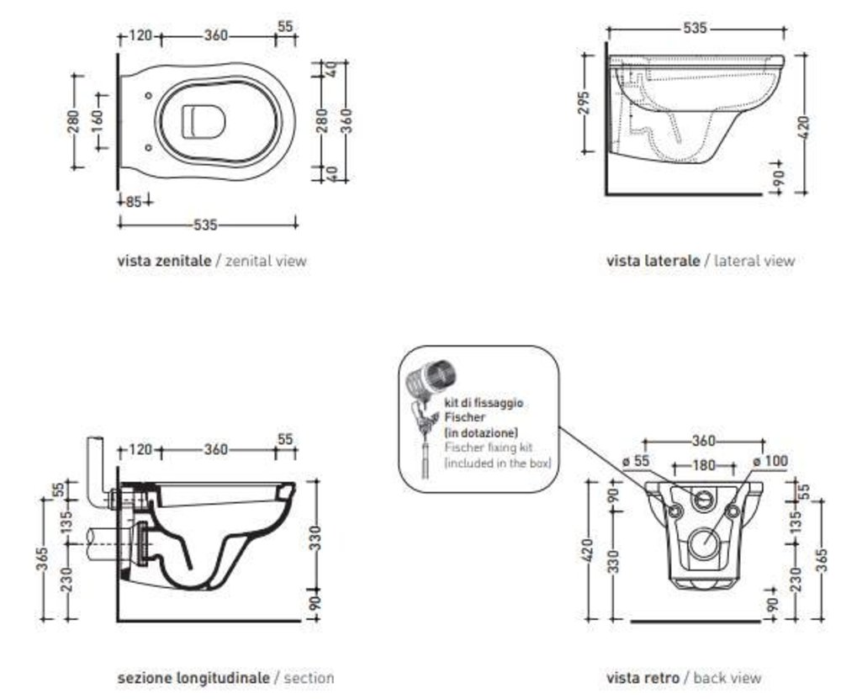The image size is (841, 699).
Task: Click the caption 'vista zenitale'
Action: click(x=164, y=261)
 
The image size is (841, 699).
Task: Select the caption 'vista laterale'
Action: click(x=653, y=261)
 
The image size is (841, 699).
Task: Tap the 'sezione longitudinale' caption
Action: click(x=193, y=677)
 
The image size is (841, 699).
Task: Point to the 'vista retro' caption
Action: click(x=643, y=677)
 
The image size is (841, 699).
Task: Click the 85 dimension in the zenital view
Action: click(x=133, y=201)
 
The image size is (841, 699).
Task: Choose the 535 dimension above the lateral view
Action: click(x=695, y=28)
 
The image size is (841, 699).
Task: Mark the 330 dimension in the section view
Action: click(x=313, y=535)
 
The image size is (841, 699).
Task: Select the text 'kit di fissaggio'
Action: click(x=483, y=403)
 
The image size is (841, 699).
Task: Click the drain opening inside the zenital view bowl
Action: click(x=203, y=122)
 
